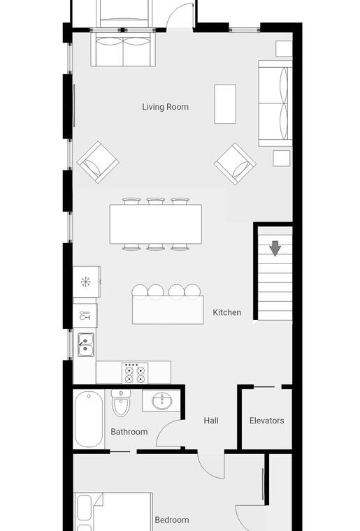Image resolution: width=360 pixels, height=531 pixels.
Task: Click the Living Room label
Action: pos(165,107)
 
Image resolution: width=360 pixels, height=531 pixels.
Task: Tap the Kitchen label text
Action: pos(227,312)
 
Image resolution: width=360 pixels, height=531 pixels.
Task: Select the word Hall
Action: pos(211,421)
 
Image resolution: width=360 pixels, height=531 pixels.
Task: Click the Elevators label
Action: pos(266,421)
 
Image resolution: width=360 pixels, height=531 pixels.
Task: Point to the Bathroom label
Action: pos(129,432)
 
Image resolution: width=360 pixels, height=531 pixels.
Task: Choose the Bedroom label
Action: pos(172,520)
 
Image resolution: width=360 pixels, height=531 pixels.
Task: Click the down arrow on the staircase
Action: pos(275,248)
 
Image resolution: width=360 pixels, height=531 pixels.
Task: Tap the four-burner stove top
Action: pos(135,373)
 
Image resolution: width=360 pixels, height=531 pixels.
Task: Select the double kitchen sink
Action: pos(86,344)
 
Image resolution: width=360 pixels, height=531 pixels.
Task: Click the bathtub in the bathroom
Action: pos(89,419)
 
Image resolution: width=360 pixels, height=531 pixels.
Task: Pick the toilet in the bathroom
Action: pos(120,402)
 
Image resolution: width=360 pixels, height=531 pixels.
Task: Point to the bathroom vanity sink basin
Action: pos(162,402)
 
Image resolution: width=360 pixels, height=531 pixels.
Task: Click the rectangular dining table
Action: pos(155,224)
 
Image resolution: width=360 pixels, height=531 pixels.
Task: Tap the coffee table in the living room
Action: pos(225,104)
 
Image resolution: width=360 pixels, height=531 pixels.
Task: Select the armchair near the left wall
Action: pos(98,162)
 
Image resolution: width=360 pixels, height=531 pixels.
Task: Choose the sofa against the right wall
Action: pos(275,103)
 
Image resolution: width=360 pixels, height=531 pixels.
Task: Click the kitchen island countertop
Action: pos(168,310)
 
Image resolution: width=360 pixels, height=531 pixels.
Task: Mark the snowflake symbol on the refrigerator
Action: pos(85,282)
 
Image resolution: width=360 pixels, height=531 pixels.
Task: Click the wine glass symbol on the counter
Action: pos(85,316)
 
